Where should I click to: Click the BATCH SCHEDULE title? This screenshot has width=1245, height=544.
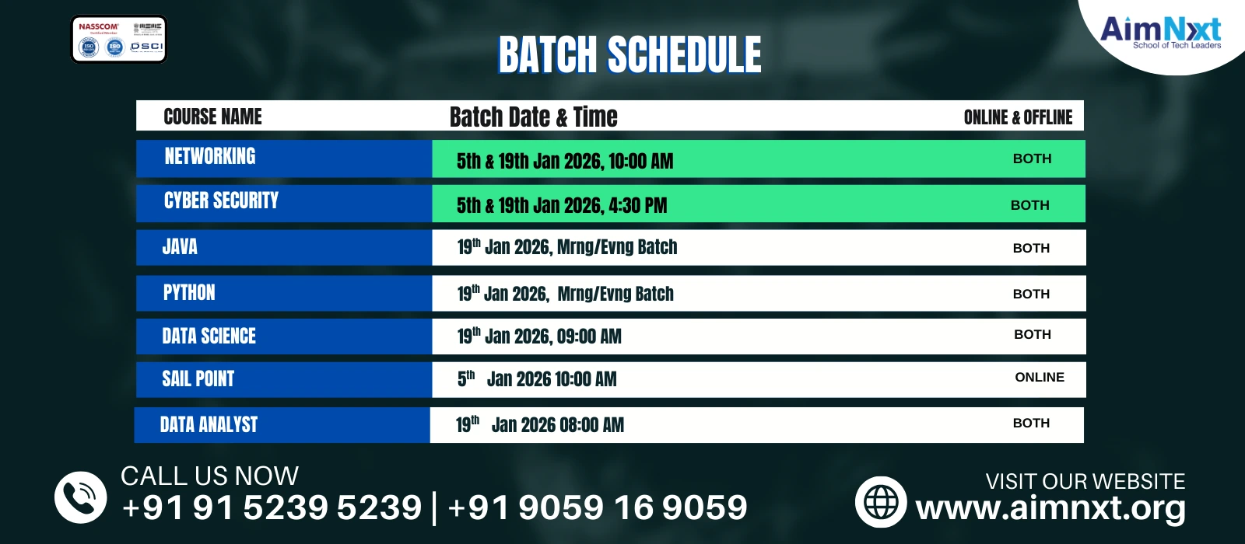coord(630,54)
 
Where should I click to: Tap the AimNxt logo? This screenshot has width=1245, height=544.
coord(1160,32)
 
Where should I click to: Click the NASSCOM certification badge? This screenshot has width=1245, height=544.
coord(119,39)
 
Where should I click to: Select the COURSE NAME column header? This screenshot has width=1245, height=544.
coord(212,117)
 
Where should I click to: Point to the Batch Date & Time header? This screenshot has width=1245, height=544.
coord(533,117)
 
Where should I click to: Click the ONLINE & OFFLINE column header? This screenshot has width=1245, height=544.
coord(1018,117)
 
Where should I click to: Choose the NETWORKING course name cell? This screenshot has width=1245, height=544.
coord(210,157)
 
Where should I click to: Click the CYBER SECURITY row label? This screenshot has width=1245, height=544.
coord(221,201)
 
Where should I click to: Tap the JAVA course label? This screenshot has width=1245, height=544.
coord(180,247)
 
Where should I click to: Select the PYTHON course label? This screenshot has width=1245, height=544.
coord(189,293)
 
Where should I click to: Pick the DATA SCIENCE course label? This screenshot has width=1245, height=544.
coord(209,336)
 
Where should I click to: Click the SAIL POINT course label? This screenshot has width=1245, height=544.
coord(198,379)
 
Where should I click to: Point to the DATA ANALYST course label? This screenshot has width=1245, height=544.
coord(209,424)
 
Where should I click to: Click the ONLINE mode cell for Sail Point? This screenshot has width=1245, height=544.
coord(1039,377)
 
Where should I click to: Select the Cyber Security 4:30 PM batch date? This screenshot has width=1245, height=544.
coord(561,205)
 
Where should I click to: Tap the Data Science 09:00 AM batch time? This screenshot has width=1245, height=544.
coord(538,337)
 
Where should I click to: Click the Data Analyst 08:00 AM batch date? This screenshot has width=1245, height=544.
coord(539,424)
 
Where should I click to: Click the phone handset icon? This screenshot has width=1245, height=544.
coord(80,497)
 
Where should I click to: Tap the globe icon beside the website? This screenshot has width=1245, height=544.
coord(881,502)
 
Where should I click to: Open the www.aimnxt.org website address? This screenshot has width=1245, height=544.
coord(1050,508)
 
